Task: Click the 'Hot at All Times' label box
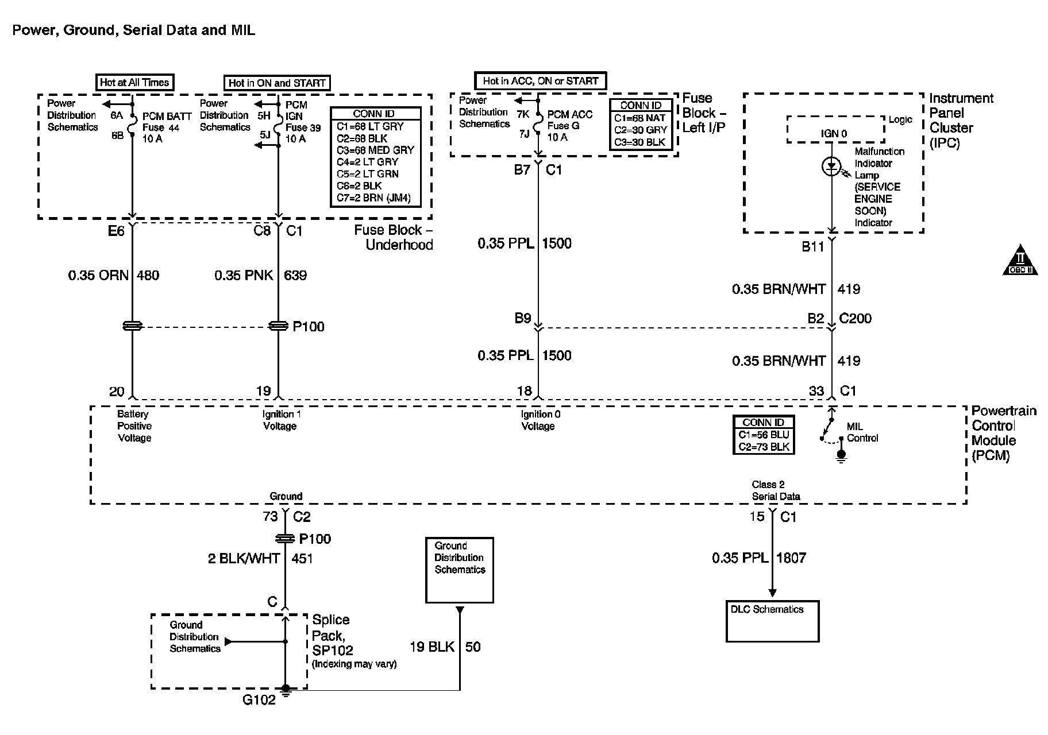coord(134,82)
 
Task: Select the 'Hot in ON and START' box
coord(277,83)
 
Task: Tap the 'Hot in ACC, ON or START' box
coord(540,81)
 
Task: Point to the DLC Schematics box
coord(772,621)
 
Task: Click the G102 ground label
coord(259,699)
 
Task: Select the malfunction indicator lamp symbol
coord(831,167)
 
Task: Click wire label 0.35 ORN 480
coord(114,276)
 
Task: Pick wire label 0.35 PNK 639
coord(261,276)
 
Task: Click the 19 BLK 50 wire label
coord(445,647)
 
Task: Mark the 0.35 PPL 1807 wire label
coord(759,558)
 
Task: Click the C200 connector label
coord(855,319)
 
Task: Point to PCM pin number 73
coord(270,517)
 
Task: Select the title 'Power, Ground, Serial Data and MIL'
coord(134,30)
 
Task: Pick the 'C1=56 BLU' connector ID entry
coord(764,435)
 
